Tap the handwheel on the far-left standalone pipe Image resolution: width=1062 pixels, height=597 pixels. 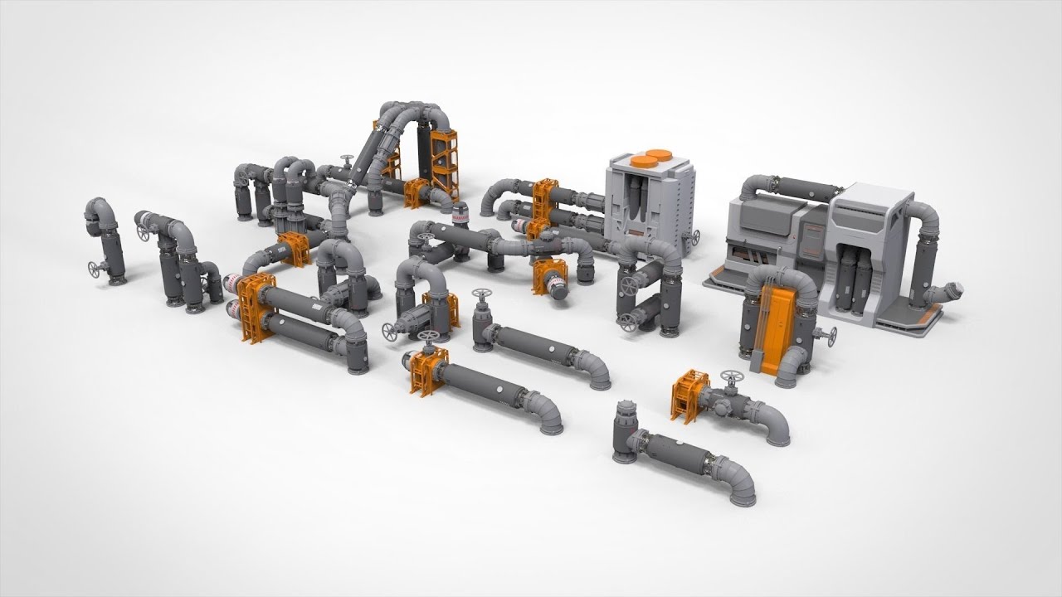pyautogui.click(x=95, y=268)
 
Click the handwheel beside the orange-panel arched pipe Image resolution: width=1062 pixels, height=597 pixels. pyautogui.click(x=826, y=334)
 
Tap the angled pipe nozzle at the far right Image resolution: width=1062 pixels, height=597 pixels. pyautogui.click(x=948, y=293)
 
